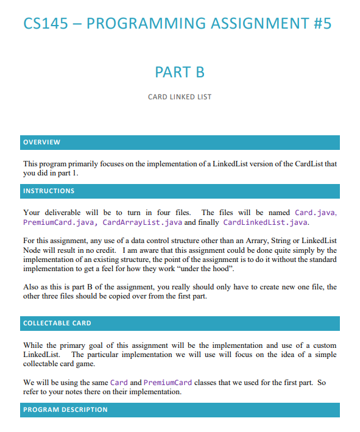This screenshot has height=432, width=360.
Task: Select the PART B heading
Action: coord(180,72)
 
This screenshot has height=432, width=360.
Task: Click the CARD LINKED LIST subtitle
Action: coord(180,97)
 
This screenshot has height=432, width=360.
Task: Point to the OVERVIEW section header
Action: coord(41,143)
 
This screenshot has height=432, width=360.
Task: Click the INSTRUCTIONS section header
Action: coord(49,191)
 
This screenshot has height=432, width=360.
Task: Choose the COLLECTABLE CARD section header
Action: coord(57,323)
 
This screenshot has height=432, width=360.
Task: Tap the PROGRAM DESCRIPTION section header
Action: coord(65,410)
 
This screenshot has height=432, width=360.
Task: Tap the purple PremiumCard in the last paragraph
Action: coord(167,383)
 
